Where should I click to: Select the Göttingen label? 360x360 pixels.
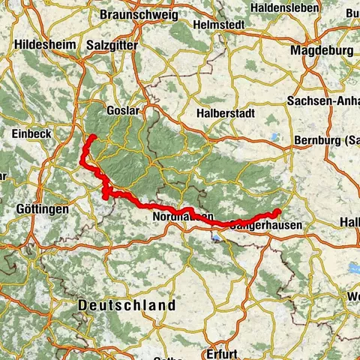tap(35, 209)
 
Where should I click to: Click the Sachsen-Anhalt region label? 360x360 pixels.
tap(322, 100)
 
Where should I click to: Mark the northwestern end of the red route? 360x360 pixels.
tap(91, 136)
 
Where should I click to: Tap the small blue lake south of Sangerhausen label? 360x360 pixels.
tap(217, 239)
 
